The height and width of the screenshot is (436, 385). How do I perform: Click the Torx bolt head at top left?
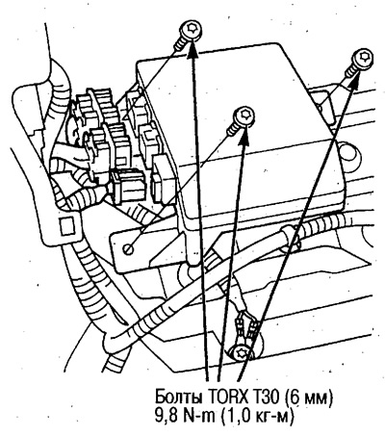pyautogui.click(x=191, y=31)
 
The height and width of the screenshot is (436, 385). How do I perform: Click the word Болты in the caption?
pyautogui.click(x=179, y=397)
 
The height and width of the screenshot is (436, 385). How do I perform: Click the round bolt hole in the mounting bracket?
pyautogui.click(x=129, y=249)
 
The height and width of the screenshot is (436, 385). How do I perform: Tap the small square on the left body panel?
pyautogui.click(x=66, y=226)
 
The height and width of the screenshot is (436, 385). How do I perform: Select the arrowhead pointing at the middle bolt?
pyautogui.click(x=244, y=137)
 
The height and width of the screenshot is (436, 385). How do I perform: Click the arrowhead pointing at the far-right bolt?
pyautogui.click(x=354, y=81)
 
